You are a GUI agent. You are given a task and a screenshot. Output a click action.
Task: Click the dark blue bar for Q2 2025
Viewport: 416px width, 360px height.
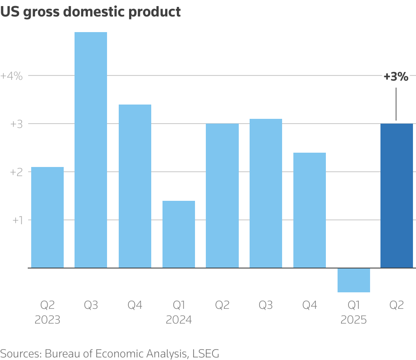(x=396, y=196)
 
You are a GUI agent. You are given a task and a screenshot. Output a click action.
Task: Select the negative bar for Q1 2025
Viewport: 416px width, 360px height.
(x=354, y=280)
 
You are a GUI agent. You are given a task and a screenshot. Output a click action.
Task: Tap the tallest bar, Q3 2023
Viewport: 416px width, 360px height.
(x=91, y=150)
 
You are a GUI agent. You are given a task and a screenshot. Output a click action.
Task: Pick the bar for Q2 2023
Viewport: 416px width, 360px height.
(x=47, y=217)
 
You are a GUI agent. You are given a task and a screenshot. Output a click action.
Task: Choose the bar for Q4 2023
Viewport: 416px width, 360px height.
(x=135, y=186)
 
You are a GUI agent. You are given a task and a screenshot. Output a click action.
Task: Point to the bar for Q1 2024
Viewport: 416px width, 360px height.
(x=179, y=234)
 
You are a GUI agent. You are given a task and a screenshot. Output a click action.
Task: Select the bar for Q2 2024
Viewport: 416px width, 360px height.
(x=222, y=196)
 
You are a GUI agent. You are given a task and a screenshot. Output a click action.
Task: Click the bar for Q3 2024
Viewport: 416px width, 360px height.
(x=266, y=193)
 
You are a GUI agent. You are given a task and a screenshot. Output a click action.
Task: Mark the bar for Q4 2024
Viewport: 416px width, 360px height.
(x=309, y=210)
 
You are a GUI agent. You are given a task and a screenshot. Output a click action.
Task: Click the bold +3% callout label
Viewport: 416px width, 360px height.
(x=396, y=77)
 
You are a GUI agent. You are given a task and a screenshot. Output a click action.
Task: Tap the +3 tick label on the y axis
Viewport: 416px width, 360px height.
(x=16, y=124)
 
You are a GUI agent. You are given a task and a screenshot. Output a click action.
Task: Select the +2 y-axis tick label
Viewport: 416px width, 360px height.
(x=16, y=172)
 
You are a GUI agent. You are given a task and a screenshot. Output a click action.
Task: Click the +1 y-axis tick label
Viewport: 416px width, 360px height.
(x=16, y=220)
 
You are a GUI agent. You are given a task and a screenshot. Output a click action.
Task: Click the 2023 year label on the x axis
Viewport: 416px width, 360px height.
(x=47, y=320)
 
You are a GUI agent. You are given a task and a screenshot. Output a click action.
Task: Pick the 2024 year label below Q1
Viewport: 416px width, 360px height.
(x=179, y=320)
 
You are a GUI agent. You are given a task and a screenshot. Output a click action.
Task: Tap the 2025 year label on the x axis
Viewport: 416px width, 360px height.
(x=354, y=320)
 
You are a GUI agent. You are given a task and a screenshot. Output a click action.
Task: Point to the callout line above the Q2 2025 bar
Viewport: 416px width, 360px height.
(x=396, y=104)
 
